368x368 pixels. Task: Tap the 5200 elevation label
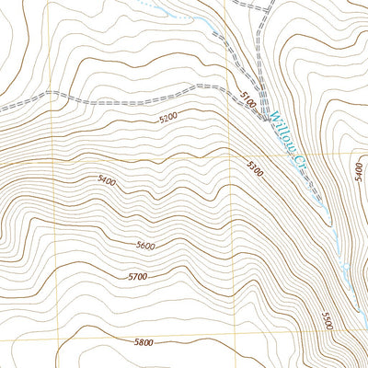[168, 119]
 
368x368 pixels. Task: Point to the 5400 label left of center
[106, 182]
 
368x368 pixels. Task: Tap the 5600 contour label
[144, 245]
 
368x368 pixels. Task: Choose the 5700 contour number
[138, 276]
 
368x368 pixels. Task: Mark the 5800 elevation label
[143, 342]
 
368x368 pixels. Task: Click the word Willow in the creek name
[281, 129]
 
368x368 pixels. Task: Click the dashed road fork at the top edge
[267, 6]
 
